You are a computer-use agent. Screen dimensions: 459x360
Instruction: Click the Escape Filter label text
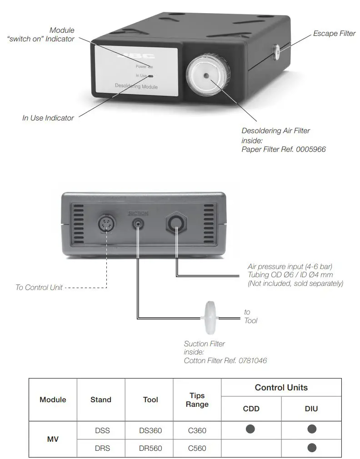pyautogui.click(x=334, y=34)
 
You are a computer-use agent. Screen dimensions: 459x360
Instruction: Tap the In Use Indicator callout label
pyautogui.click(x=48, y=118)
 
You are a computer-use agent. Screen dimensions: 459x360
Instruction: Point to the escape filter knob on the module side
pyautogui.click(x=277, y=53)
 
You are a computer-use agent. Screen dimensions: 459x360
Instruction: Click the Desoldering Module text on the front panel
pyautogui.click(x=136, y=86)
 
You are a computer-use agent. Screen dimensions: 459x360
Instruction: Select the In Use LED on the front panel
pyautogui.click(x=150, y=76)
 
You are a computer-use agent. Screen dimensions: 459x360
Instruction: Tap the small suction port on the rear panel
pyautogui.click(x=138, y=224)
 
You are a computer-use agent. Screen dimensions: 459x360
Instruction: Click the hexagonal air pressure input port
pyautogui.click(x=176, y=224)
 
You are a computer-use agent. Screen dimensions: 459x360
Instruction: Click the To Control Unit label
pyautogui.click(x=39, y=287)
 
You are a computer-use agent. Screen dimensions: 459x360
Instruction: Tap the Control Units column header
pyautogui.click(x=281, y=388)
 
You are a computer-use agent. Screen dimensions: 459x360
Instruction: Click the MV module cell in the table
pyautogui.click(x=53, y=439)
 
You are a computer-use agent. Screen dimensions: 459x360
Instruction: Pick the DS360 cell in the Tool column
pyautogui.click(x=150, y=430)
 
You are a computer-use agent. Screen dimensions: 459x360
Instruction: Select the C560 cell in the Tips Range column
pyautogui.click(x=197, y=448)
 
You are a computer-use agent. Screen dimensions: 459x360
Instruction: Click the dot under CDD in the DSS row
pyautogui.click(x=251, y=429)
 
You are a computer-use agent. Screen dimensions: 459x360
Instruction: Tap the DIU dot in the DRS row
pyautogui.click(x=311, y=448)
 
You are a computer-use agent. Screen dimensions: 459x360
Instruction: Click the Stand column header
pyautogui.click(x=101, y=399)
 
